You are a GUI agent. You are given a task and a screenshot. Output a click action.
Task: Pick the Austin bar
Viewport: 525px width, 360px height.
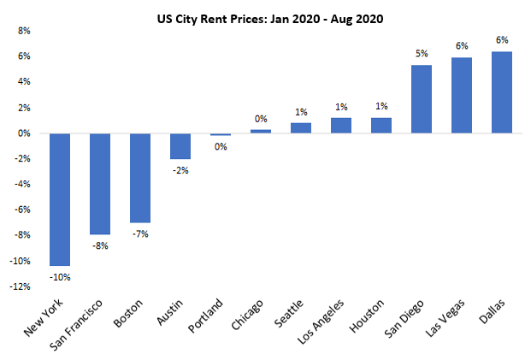[180, 146]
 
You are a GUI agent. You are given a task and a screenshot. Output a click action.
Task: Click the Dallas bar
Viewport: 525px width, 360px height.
[502, 92]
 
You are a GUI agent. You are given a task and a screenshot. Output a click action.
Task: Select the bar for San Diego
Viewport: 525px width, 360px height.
[422, 99]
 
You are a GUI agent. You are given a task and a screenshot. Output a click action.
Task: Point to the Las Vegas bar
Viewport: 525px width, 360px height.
[462, 95]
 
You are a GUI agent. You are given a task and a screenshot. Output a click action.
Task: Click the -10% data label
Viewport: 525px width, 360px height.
[60, 276]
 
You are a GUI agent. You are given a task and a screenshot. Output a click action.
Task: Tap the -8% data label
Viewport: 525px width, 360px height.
[100, 245]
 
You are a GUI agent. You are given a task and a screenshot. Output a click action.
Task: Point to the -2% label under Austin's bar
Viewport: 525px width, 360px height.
[180, 170]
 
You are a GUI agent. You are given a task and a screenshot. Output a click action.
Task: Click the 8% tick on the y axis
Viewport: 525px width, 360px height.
[24, 31]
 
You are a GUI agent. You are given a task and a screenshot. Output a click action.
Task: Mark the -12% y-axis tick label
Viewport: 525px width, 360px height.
[20, 287]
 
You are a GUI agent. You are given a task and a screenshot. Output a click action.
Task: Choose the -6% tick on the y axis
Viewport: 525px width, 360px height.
[22, 210]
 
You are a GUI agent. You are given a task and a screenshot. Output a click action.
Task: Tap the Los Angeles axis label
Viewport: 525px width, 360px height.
[327, 318]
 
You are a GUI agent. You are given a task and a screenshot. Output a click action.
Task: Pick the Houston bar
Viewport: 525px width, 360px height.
[381, 126]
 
